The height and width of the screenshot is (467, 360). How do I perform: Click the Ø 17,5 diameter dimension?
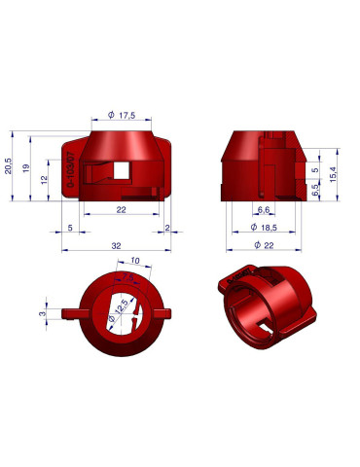pyautogui.click(x=122, y=115)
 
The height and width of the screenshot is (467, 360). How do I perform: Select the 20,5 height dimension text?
pyautogui.click(x=9, y=162)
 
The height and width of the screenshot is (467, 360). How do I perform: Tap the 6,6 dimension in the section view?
pyautogui.click(x=263, y=210)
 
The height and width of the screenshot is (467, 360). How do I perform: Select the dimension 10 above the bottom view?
pyautogui.click(x=133, y=261)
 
